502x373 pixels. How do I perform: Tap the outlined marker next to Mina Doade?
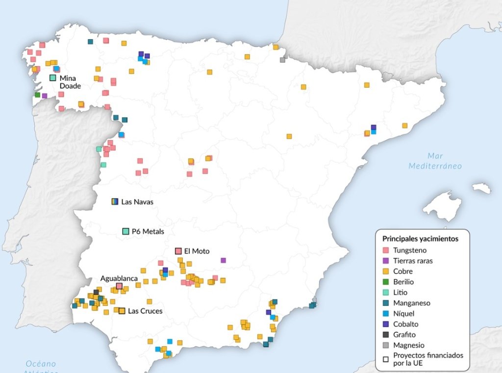pyautogui.click(x=52, y=77)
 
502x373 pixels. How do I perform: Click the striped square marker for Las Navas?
pyautogui.click(x=115, y=201)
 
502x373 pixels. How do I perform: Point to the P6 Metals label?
pyautogui.click(x=148, y=231)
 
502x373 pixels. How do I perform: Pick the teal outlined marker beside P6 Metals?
pyautogui.click(x=125, y=231)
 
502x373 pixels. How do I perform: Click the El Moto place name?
pyautogui.click(x=197, y=251)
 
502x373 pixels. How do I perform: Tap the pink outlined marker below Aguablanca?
pyautogui.click(x=119, y=286)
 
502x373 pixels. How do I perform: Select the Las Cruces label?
pyautogui.click(x=145, y=311)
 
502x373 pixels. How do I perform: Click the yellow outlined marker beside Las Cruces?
pyautogui.click(x=122, y=310)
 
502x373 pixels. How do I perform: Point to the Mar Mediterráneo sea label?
pyautogui.click(x=435, y=161)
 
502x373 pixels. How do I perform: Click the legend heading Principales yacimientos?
pyautogui.click(x=420, y=239)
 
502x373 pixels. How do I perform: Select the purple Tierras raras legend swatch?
pyautogui.click(x=386, y=261)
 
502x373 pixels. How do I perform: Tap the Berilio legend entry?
pyautogui.click(x=403, y=282)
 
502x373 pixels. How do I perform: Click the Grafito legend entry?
pyautogui.click(x=404, y=334)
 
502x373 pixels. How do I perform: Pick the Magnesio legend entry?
pyautogui.click(x=408, y=345)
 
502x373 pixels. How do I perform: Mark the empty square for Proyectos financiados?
pyautogui.click(x=386, y=359)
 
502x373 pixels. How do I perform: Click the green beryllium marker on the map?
pyautogui.click(x=38, y=95)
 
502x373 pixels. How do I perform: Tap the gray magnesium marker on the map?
pyautogui.click(x=282, y=60)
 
